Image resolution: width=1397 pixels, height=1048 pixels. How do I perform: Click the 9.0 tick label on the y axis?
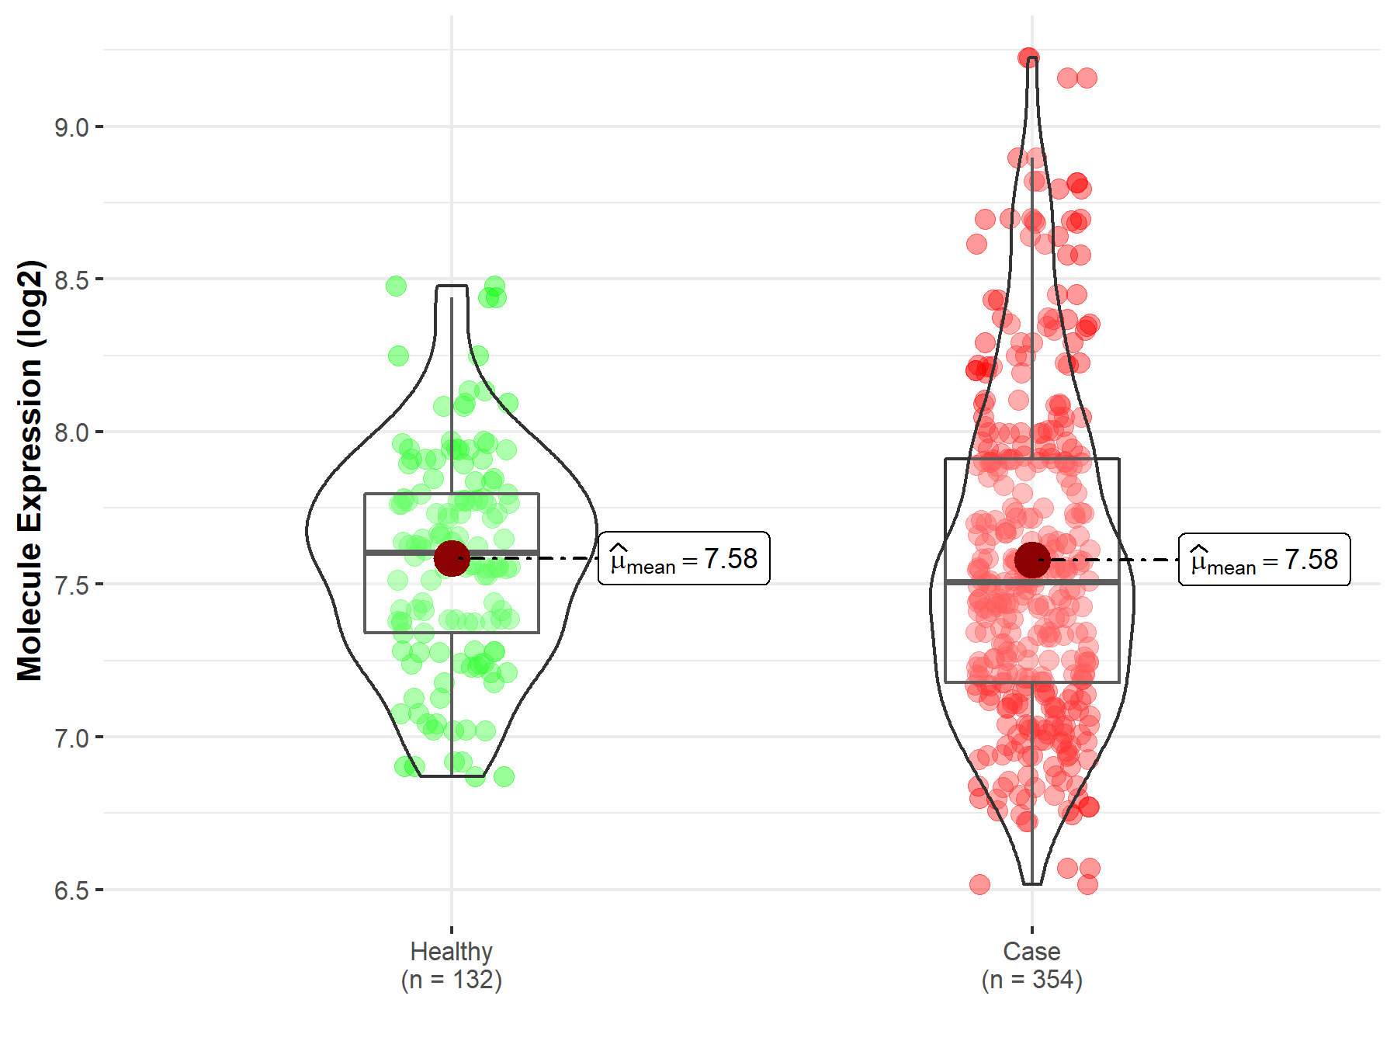pos(71,127)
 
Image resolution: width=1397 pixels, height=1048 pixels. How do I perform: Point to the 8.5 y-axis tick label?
pos(71,280)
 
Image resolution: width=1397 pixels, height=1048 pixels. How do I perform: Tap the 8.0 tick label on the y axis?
pos(71,432)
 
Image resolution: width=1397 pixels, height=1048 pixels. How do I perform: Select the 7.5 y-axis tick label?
pos(71,585)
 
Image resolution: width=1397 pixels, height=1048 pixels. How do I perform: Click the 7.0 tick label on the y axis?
pos(71,738)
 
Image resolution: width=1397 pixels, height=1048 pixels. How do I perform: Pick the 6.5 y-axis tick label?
pos(71,890)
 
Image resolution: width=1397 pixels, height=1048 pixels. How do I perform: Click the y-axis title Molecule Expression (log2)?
pos(29,470)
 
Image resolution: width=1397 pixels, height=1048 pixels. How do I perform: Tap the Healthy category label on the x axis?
pos(451,951)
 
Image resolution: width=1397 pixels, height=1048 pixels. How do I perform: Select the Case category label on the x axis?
pos(1031,951)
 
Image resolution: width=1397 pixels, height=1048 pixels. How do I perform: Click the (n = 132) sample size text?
pos(451,980)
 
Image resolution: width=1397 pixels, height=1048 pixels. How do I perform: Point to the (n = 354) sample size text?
pos(1031,980)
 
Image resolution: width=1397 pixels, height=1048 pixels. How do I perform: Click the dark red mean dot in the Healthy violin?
pos(452,558)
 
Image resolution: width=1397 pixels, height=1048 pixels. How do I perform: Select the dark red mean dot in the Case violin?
pos(1032,560)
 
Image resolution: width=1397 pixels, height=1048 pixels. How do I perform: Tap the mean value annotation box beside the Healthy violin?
pos(684,558)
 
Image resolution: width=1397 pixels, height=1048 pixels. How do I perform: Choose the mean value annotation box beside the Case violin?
pos(1264,560)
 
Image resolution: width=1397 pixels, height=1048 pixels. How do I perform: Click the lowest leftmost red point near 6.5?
pos(979,884)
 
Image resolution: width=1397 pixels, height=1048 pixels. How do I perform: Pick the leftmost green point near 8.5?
pos(396,286)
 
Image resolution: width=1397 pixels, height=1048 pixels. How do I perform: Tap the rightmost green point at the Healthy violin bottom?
pos(504,776)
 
